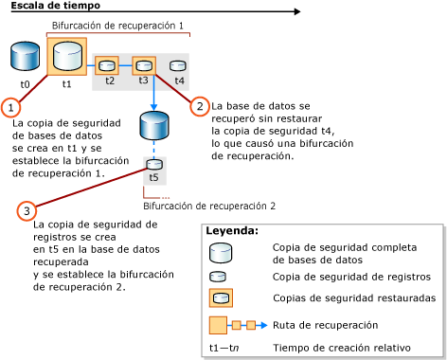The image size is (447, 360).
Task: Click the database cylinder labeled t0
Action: point(26,57)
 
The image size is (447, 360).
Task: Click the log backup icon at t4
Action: point(178,65)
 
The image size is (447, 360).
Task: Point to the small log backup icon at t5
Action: point(152,163)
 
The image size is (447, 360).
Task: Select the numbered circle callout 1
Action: point(10,107)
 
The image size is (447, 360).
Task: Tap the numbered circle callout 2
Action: point(199,106)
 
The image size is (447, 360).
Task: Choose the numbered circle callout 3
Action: point(29,208)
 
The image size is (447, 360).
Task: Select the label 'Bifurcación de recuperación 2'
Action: point(209,205)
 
